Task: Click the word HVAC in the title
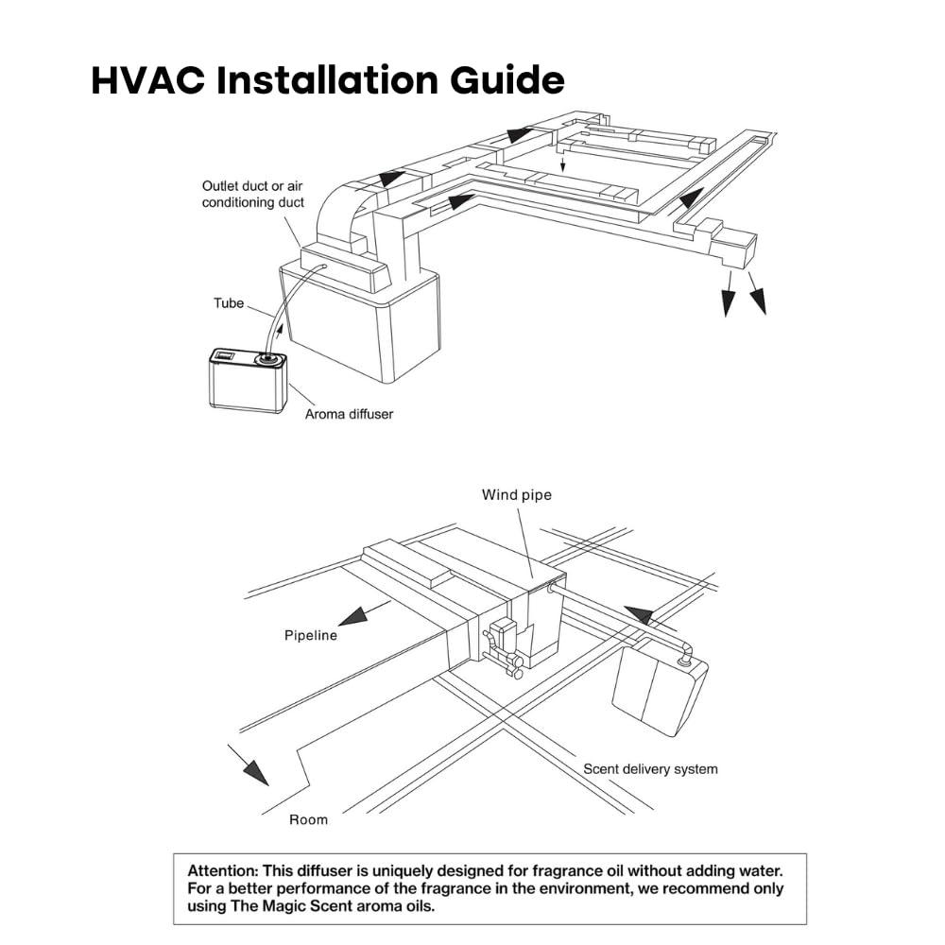(146, 81)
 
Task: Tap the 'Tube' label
(229, 303)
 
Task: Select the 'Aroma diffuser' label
(349, 414)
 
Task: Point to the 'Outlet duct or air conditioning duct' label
(253, 195)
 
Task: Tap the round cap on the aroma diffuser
(269, 359)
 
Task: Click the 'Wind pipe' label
(516, 494)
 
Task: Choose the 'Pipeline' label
(311, 635)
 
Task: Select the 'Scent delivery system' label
(650, 768)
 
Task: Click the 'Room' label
(308, 819)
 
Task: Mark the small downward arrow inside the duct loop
(563, 165)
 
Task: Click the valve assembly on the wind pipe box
(500, 643)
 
